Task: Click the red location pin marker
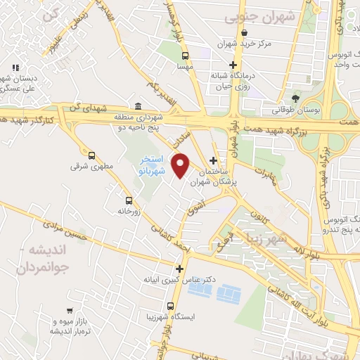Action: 181,166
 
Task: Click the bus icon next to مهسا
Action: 185,56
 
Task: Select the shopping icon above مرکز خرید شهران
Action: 243,32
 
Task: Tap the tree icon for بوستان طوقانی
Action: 295,98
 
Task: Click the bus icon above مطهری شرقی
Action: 91,155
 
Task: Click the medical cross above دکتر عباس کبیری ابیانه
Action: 180,269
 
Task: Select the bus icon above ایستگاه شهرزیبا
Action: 171,306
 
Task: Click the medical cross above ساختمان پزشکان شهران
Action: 213,160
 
